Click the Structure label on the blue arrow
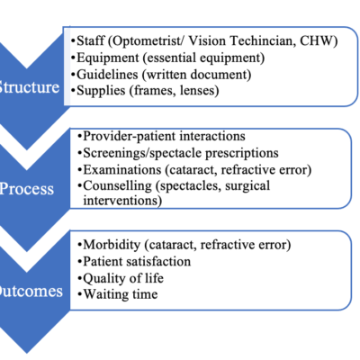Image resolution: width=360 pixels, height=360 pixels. [x=30, y=87]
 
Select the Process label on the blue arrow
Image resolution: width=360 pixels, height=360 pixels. [x=27, y=189]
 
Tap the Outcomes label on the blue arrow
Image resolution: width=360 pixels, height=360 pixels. [x=31, y=291]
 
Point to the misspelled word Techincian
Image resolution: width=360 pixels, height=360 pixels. [x=260, y=40]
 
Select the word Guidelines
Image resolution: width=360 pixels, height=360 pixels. [x=107, y=74]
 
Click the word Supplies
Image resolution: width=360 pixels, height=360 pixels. [x=101, y=91]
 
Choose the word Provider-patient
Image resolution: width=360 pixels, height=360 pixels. [x=130, y=137]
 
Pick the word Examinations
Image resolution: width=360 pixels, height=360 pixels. [x=122, y=170]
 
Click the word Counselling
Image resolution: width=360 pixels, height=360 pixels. [x=118, y=186]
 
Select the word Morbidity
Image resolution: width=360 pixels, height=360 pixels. [x=112, y=245]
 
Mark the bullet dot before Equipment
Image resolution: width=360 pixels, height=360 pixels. [x=73, y=58]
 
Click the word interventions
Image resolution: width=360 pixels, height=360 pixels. [x=122, y=201]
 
